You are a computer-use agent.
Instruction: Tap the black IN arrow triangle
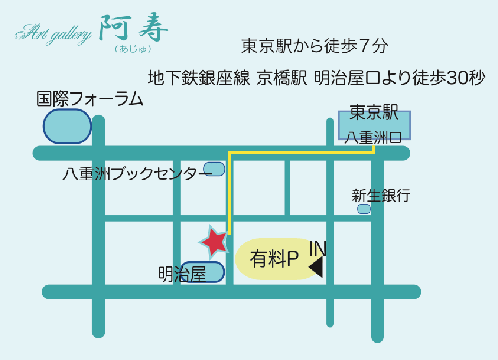click(x=317, y=267)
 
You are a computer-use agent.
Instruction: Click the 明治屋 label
click(x=182, y=274)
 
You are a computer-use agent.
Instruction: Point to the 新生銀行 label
click(x=381, y=195)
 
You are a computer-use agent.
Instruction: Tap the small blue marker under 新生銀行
click(x=364, y=209)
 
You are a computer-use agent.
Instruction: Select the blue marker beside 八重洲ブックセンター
click(x=215, y=169)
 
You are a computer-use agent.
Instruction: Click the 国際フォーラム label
click(x=90, y=99)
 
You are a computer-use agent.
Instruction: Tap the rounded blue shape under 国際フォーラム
click(x=67, y=127)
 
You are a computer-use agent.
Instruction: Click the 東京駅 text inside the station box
click(x=374, y=114)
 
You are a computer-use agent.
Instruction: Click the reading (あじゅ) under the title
click(x=132, y=49)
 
